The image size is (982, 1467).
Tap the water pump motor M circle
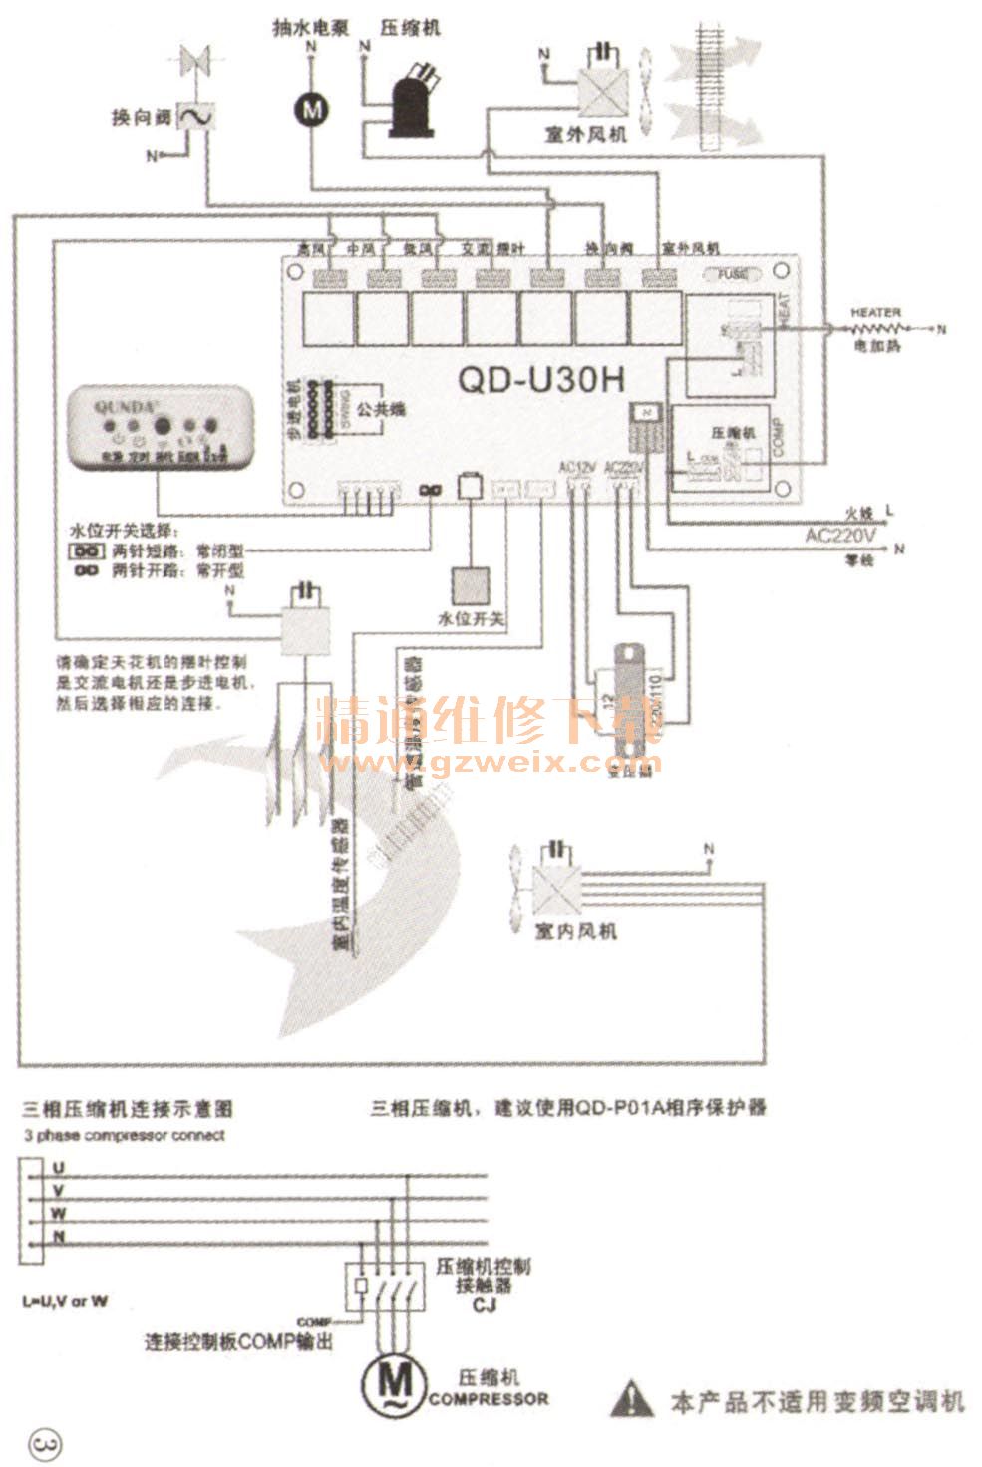click(311, 109)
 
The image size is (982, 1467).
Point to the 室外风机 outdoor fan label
click(586, 134)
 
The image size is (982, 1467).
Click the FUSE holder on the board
click(734, 274)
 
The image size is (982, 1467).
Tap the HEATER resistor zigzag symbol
click(876, 328)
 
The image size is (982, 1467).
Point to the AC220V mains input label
click(840, 537)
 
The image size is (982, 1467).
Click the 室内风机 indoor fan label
click(576, 931)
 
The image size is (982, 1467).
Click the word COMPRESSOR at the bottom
click(489, 1399)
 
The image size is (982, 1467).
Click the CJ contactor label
click(485, 1306)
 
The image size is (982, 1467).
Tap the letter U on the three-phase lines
click(59, 1166)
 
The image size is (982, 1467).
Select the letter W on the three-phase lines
click(59, 1213)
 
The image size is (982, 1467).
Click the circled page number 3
click(47, 1442)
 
